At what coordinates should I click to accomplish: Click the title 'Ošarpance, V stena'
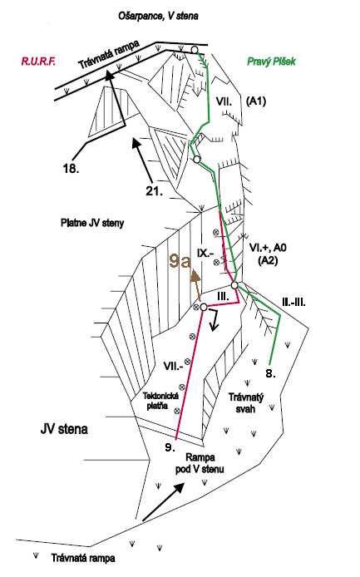coord(158,16)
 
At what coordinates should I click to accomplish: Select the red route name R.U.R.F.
coord(38,61)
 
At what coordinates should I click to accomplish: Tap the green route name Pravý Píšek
coord(271,61)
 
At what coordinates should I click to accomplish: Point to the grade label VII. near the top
coord(224,101)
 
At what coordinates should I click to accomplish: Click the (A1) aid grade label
coord(256,101)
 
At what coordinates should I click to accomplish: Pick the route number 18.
coord(71,169)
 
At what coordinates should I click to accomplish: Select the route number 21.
coord(155,190)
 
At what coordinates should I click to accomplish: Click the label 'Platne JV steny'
coord(92,223)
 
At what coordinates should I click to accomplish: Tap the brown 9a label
coord(180,261)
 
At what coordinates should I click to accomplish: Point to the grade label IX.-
coord(203,254)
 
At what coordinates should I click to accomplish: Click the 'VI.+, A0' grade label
coord(268,248)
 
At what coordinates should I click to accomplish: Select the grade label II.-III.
coord(293,303)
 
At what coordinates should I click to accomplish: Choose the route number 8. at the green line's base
coord(270,373)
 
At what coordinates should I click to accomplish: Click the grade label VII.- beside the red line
coord(173,366)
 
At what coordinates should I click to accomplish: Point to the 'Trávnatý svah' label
coord(246,403)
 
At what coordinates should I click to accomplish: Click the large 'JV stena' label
coord(64,429)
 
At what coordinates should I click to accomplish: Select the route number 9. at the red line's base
coord(170,447)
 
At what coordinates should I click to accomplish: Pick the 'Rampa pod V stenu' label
coord(200,463)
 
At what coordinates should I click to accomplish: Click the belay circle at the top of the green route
coord(195,49)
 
